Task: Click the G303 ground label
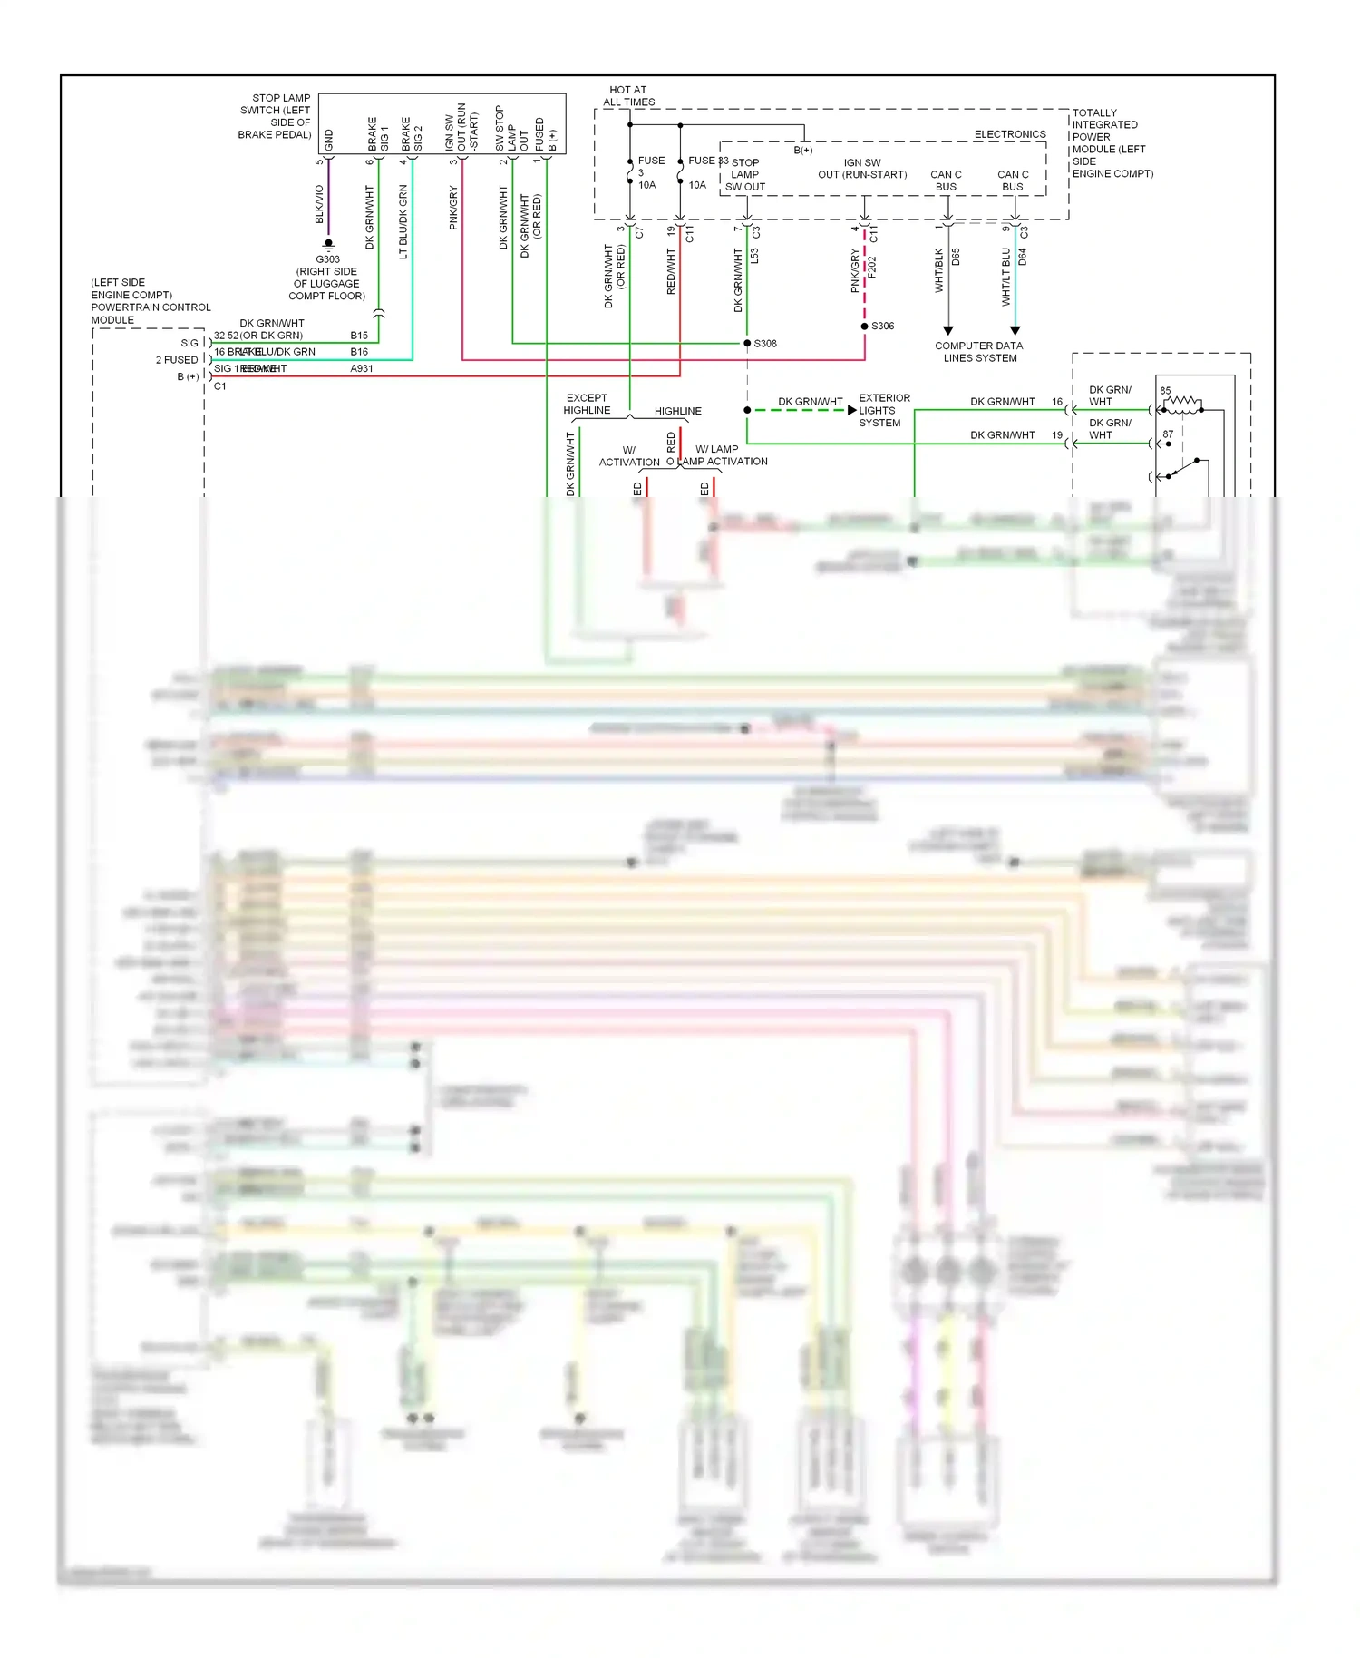tap(327, 259)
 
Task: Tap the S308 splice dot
tap(747, 343)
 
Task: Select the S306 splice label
tap(882, 326)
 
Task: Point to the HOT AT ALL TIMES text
tap(628, 96)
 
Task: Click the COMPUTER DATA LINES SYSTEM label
tap(979, 352)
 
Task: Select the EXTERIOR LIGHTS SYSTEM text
tap(883, 410)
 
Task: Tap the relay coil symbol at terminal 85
tap(1182, 405)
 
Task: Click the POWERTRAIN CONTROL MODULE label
tap(151, 301)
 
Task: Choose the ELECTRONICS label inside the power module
tap(1009, 134)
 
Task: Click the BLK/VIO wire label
tap(319, 204)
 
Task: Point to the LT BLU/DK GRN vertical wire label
tap(403, 222)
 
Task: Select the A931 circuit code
tap(361, 368)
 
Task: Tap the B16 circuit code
tap(359, 352)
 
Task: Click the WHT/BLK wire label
tap(938, 270)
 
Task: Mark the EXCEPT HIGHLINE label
tap(587, 404)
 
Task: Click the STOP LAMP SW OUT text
tap(744, 175)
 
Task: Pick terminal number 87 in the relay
tap(1168, 434)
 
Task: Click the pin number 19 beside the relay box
tap(1057, 435)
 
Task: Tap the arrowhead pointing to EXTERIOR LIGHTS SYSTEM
tap(851, 410)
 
